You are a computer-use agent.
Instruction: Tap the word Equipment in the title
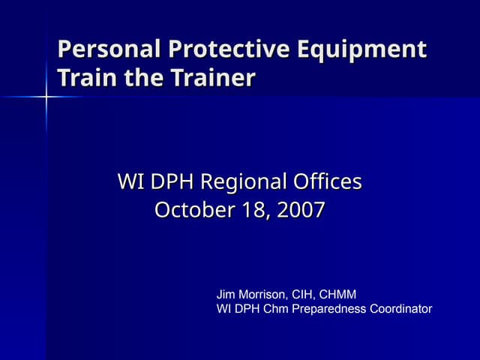tap(361, 51)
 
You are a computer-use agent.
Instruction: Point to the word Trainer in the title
tap(211, 77)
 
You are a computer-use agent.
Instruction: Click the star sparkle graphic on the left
tap(46, 97)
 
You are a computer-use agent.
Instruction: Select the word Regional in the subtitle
tap(246, 182)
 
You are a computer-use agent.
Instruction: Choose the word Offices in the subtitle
tap(327, 181)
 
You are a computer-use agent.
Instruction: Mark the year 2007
tap(301, 211)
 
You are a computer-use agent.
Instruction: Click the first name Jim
tap(226, 295)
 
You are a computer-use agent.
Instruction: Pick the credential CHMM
tap(340, 295)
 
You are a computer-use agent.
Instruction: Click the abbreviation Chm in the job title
tap(274, 309)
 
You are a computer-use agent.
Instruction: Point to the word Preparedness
tap(328, 309)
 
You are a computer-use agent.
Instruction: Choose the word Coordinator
tap(401, 309)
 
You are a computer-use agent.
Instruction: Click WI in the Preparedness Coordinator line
tap(223, 309)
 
